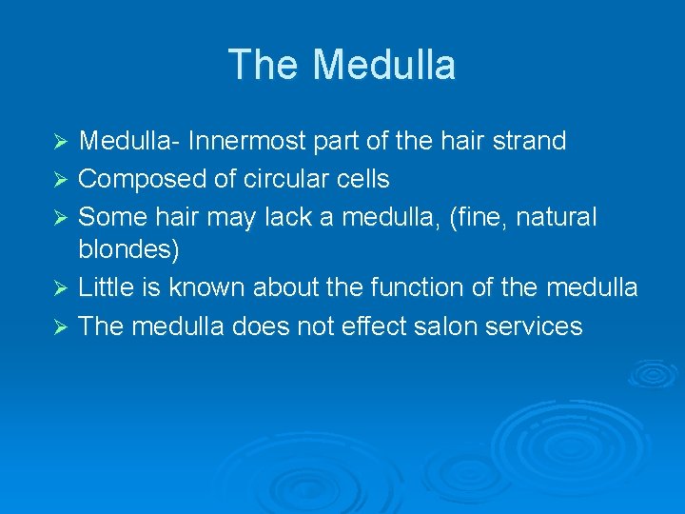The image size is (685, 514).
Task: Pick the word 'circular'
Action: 281,179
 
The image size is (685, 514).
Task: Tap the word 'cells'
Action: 363,179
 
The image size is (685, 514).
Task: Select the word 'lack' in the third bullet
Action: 287,216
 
